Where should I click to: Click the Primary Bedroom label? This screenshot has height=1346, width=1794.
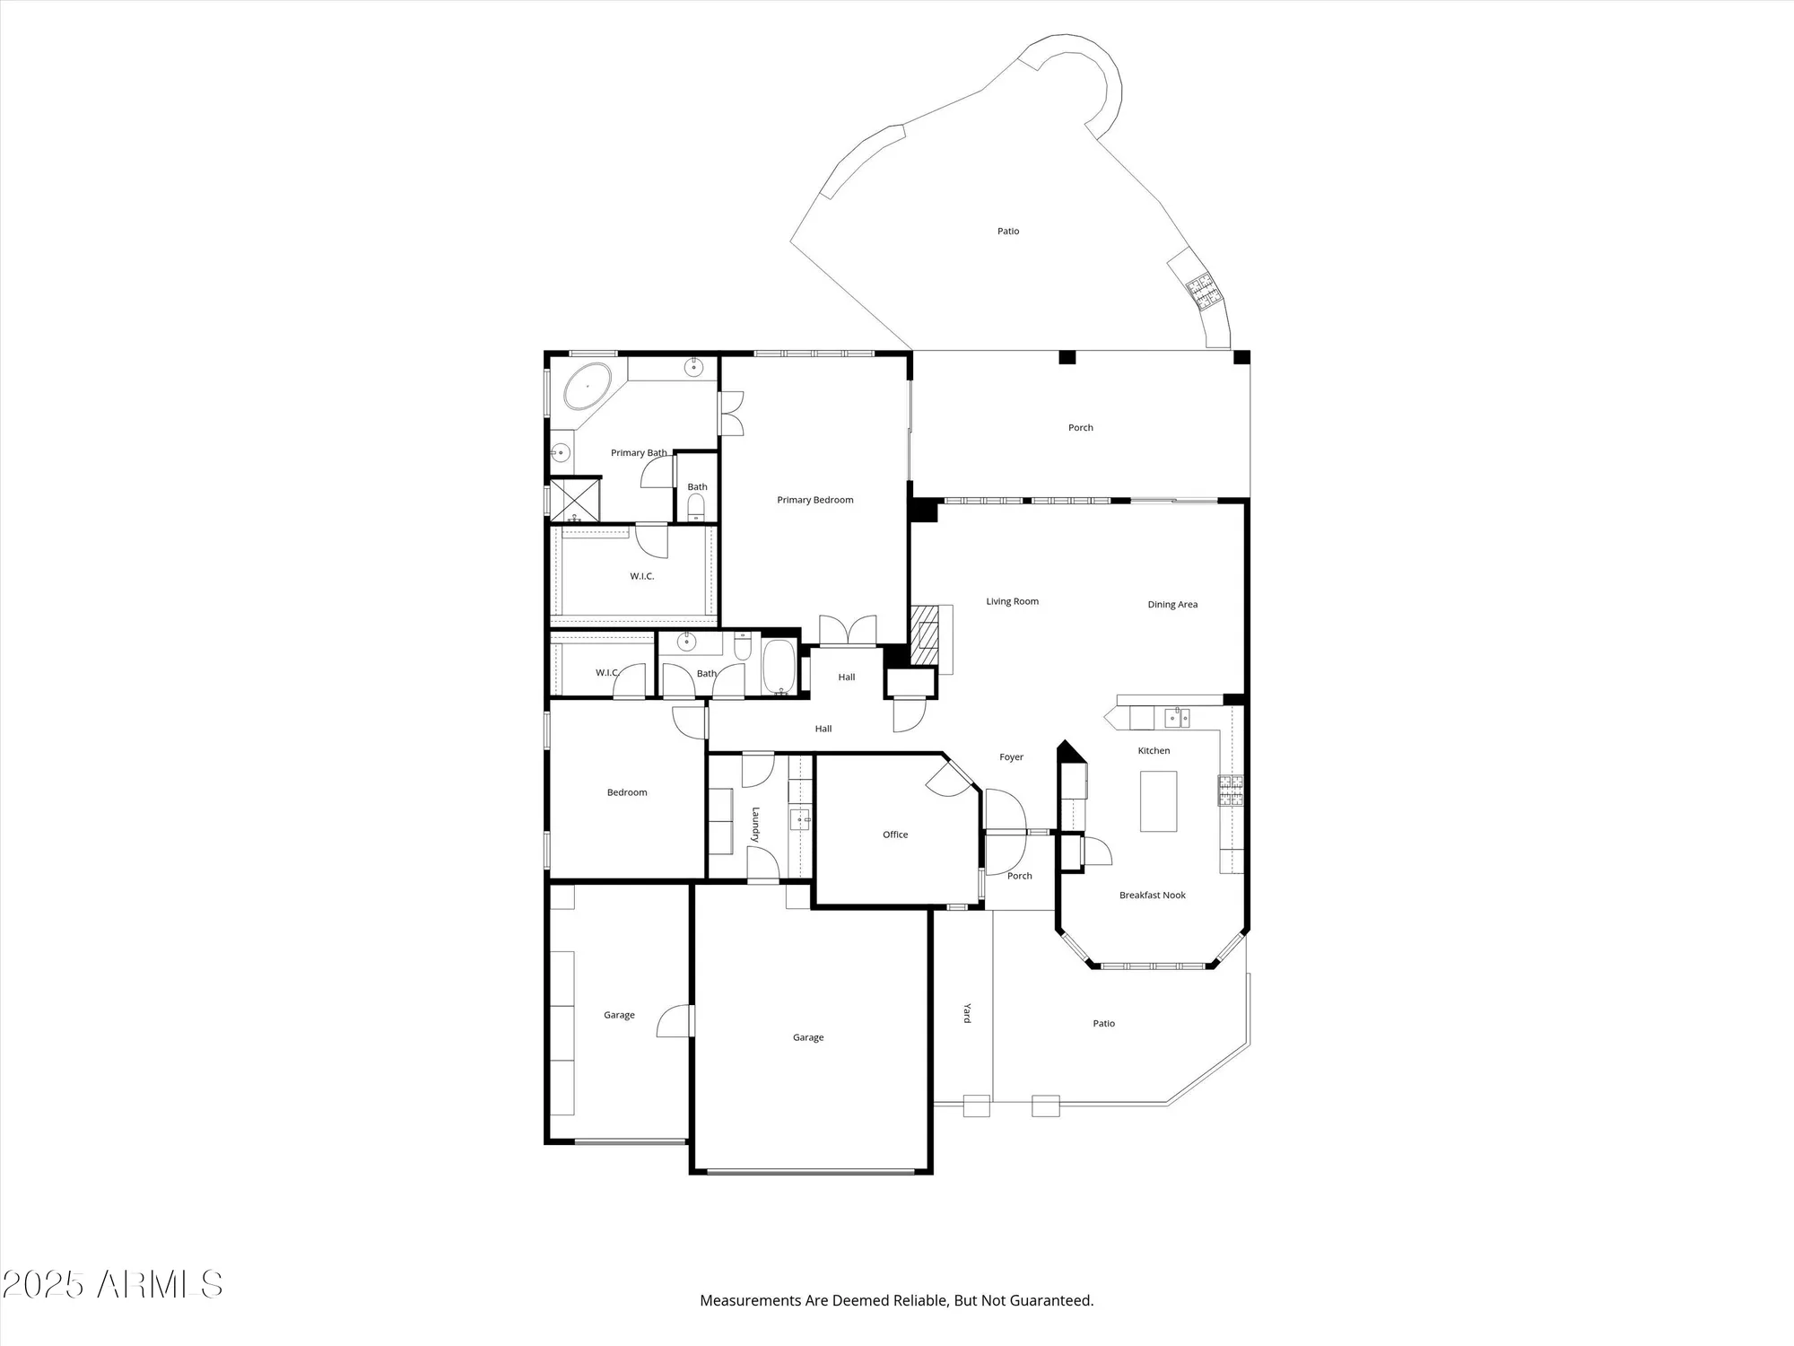click(x=814, y=500)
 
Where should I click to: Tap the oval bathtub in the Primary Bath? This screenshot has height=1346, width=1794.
click(x=588, y=386)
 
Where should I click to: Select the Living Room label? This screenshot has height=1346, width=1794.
click(x=1012, y=601)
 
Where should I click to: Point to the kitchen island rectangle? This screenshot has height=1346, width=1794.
click(x=1158, y=800)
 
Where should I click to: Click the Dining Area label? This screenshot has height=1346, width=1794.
click(x=1172, y=604)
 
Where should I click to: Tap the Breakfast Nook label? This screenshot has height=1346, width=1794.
click(x=1152, y=895)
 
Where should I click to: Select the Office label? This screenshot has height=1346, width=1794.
click(x=894, y=835)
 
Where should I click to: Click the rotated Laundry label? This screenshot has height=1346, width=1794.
click(x=756, y=824)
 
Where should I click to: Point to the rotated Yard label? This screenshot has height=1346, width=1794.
click(x=967, y=1012)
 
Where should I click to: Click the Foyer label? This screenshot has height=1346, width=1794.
click(x=1011, y=756)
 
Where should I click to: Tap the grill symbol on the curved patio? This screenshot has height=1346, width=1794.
click(x=1201, y=289)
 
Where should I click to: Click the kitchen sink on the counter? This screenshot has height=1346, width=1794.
click(x=1177, y=717)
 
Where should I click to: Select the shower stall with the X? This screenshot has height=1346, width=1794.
click(x=575, y=500)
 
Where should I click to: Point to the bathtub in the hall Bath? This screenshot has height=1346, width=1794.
click(x=779, y=666)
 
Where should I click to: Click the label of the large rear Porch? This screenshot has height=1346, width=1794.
click(x=1080, y=427)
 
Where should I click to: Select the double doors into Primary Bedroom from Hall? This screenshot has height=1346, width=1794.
click(x=848, y=630)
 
